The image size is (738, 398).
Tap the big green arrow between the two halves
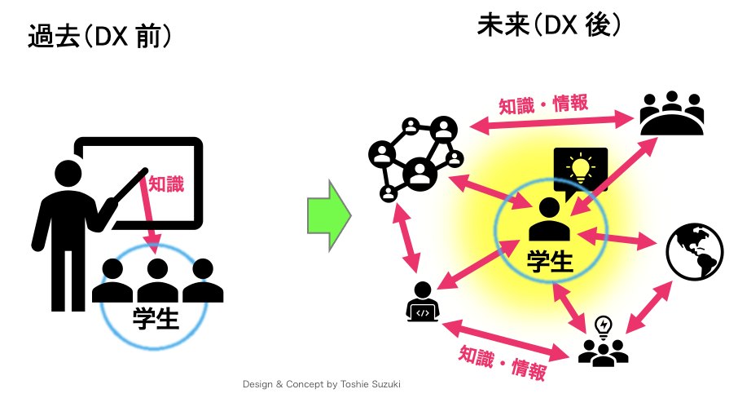[x=327, y=215]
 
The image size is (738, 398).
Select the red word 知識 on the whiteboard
[x=166, y=184]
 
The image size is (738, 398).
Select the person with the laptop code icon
[x=422, y=303]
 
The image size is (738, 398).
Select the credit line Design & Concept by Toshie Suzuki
[x=322, y=383]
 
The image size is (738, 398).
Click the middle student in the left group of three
[x=157, y=280]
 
